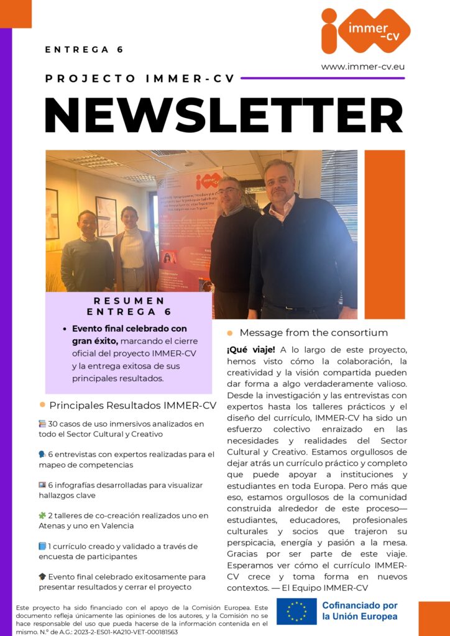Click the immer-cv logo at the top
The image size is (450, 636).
[x=365, y=30]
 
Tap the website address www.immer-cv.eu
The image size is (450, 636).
[x=363, y=66]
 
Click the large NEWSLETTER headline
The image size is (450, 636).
[x=224, y=115]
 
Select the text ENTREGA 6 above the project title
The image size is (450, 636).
[x=85, y=50]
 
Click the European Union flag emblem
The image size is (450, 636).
[x=296, y=611]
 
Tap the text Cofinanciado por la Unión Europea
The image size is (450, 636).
[x=360, y=611]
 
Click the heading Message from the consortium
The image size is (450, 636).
[x=313, y=333]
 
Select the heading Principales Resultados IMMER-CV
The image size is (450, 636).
[x=132, y=406]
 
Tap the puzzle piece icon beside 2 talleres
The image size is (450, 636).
[x=42, y=516]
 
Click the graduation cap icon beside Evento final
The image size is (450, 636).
[x=42, y=577]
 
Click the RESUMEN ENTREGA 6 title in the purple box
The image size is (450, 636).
[x=129, y=306]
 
